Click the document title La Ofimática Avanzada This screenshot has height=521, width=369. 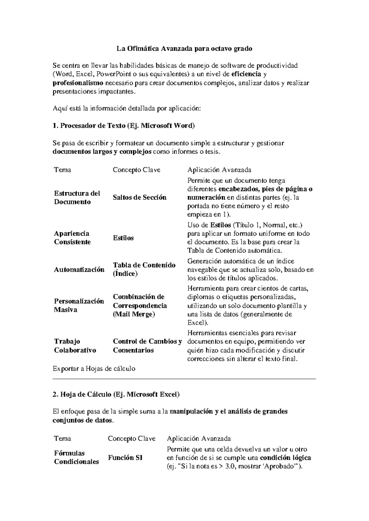coord(184,48)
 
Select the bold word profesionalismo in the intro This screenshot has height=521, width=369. coord(78,83)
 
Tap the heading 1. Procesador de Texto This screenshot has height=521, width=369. coord(124,125)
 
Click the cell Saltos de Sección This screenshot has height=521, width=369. coord(140,198)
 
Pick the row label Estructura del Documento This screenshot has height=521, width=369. coord(77,198)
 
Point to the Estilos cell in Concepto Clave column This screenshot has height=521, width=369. coord(123,238)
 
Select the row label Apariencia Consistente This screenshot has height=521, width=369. coord(72,237)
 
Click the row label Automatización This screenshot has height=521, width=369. coord(79,269)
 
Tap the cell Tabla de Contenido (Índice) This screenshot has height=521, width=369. coord(144,269)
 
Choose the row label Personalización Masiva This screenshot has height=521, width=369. coord(79,305)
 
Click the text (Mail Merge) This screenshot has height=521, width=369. coord(134,314)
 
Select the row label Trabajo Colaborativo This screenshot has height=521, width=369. coord(75,346)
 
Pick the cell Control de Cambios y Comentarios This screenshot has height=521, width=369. coord(147,346)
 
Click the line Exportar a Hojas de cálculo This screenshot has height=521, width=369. coord(94,368)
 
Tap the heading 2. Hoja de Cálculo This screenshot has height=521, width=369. coord(116,394)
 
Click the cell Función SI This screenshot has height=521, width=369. coord(125,458)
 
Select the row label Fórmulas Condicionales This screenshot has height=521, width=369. coord(76,457)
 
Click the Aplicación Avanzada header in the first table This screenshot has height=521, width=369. coord(219,170)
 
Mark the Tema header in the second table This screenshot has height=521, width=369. coord(62,438)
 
